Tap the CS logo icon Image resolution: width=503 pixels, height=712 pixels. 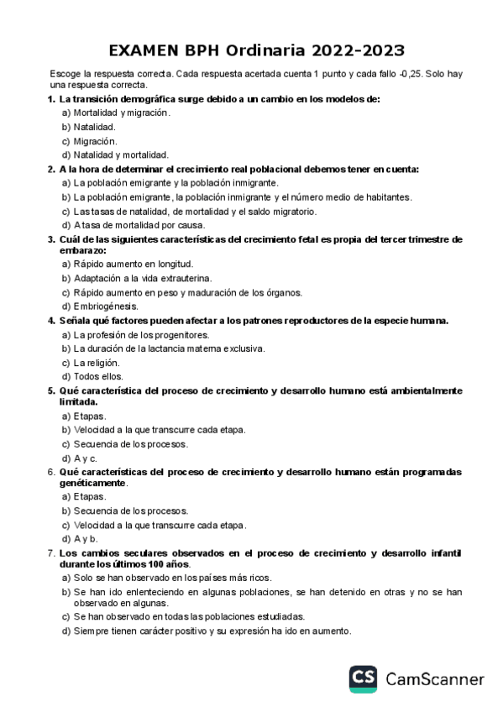pos(364,678)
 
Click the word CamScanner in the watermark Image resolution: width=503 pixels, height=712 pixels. pos(435,678)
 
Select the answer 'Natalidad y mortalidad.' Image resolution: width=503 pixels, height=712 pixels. pos(121,154)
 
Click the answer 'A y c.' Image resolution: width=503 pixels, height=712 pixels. pos(86,458)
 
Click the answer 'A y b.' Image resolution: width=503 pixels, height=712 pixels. pos(86,538)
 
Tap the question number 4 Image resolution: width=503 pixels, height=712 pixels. pos(51,321)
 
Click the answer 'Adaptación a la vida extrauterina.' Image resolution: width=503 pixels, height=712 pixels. pos(142,278)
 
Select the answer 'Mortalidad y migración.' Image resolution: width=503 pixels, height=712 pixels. pos(121,113)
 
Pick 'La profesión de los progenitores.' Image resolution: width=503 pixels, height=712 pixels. pos(141,335)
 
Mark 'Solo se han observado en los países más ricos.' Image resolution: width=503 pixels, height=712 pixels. pos(172,578)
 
